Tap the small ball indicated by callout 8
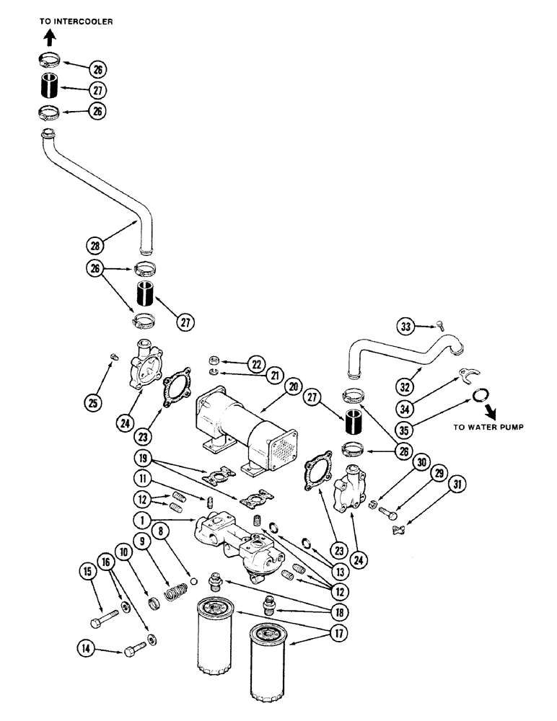pyautogui.click(x=193, y=580)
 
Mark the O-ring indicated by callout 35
pyautogui.click(x=480, y=396)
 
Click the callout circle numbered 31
pyautogui.click(x=455, y=485)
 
